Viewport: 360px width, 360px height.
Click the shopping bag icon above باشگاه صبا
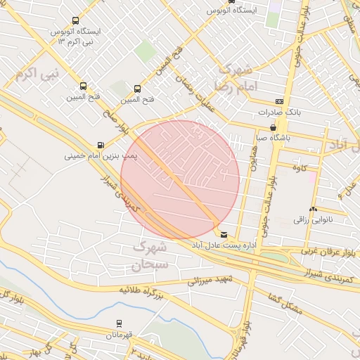pos(273,128)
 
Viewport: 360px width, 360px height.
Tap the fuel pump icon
pos(101,146)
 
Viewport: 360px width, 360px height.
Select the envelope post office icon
pos(224,234)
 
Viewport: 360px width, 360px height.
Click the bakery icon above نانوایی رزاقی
pos(313,210)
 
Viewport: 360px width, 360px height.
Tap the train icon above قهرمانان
pos(119,323)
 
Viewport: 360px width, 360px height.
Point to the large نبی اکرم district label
pos(41,72)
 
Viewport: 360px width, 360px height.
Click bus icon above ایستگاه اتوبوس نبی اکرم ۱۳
pos(75,21)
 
